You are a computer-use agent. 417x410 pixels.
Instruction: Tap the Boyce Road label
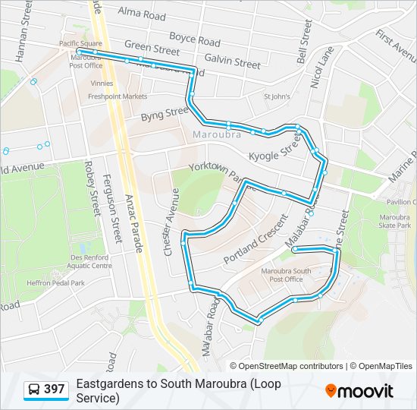(194, 39)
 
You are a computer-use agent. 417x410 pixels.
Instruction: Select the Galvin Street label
(232, 60)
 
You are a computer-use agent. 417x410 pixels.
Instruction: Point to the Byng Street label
(164, 114)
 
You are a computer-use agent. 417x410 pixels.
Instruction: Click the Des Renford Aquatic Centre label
(89, 262)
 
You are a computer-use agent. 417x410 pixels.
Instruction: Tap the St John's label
(277, 96)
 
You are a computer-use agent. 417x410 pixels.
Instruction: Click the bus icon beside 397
(34, 389)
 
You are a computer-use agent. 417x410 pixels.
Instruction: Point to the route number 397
(55, 389)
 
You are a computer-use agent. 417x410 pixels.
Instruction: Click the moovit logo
(359, 390)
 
